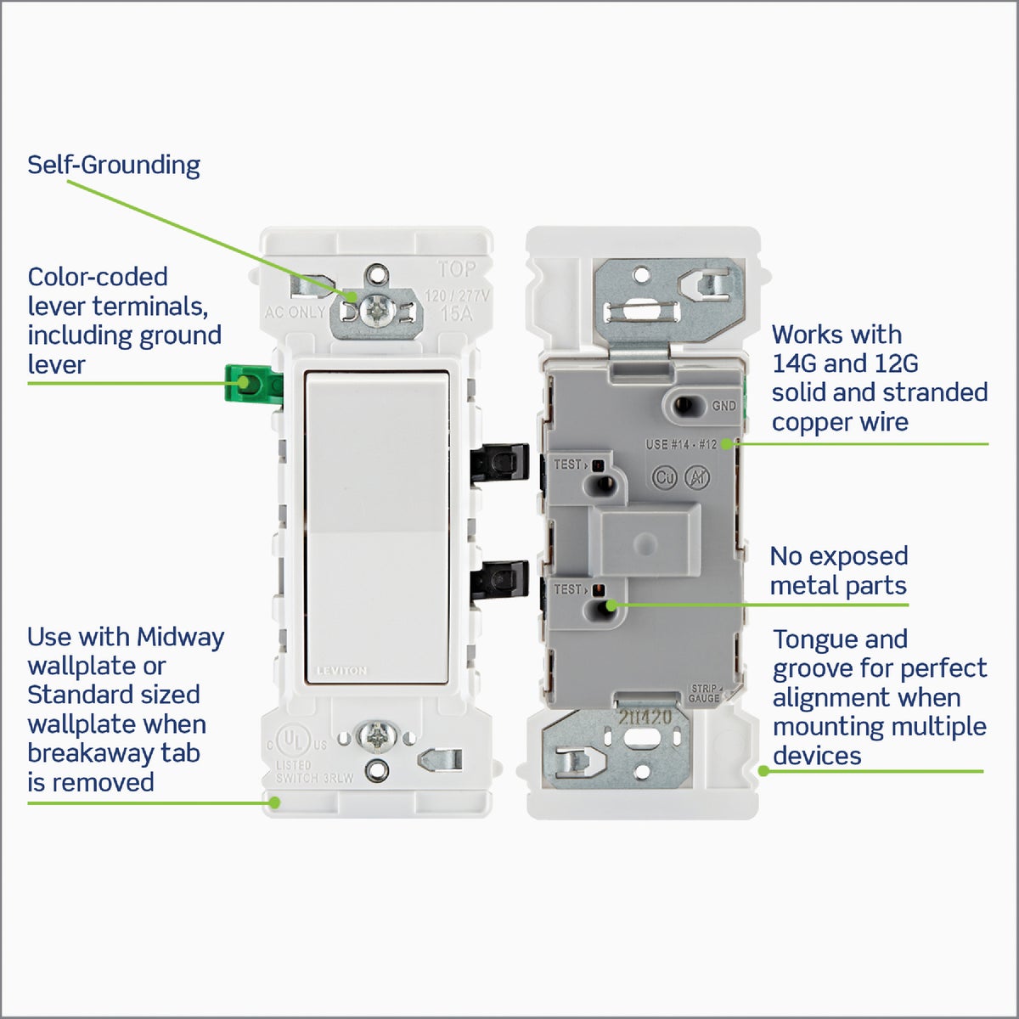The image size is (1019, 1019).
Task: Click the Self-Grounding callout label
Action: (x=114, y=165)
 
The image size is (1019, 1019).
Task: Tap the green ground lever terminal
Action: (x=251, y=384)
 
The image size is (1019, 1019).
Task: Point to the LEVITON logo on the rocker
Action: (x=341, y=671)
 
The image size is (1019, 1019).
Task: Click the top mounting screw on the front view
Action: (x=374, y=312)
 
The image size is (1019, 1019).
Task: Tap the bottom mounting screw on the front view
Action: (x=374, y=736)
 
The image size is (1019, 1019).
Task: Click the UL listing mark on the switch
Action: (x=293, y=741)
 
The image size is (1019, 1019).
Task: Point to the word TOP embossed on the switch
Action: (x=457, y=269)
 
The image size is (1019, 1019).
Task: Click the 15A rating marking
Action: (x=457, y=313)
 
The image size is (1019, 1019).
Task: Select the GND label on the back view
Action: (x=723, y=406)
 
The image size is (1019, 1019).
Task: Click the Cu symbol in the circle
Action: (x=664, y=478)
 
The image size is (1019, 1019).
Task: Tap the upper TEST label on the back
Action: (x=567, y=464)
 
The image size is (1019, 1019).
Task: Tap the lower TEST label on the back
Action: (x=567, y=589)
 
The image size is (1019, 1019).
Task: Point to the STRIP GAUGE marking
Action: (x=704, y=693)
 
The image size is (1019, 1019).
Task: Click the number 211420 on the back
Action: (x=645, y=718)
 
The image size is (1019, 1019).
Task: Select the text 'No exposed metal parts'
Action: (x=838, y=571)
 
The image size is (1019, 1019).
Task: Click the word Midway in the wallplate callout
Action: (x=180, y=637)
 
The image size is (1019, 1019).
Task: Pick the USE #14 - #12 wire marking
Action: (x=681, y=444)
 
